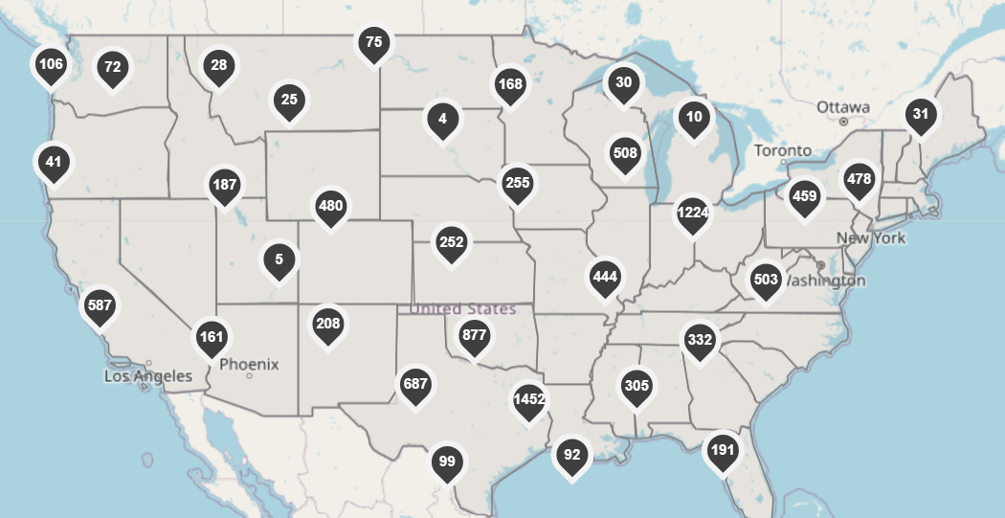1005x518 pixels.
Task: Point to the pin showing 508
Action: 625,154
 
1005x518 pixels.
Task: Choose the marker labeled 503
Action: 766,281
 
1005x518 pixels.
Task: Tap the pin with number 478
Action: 860,180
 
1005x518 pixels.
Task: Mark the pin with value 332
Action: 700,341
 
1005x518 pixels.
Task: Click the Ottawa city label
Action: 843,106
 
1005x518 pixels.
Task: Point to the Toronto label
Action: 782,150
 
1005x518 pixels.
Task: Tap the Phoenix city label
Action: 249,364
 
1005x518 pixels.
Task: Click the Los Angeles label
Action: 147,376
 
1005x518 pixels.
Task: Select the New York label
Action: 870,237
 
